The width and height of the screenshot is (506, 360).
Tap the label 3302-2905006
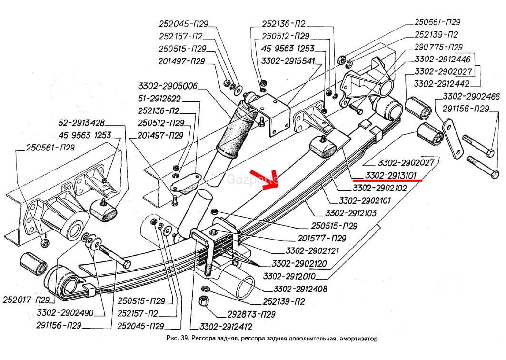168,87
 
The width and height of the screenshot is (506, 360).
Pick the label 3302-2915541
288,60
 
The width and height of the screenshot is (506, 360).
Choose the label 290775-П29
438,47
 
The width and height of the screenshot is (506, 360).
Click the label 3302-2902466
471,97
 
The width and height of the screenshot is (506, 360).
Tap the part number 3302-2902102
379,189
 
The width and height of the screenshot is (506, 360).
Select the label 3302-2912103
349,213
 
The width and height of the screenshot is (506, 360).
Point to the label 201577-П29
320,238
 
